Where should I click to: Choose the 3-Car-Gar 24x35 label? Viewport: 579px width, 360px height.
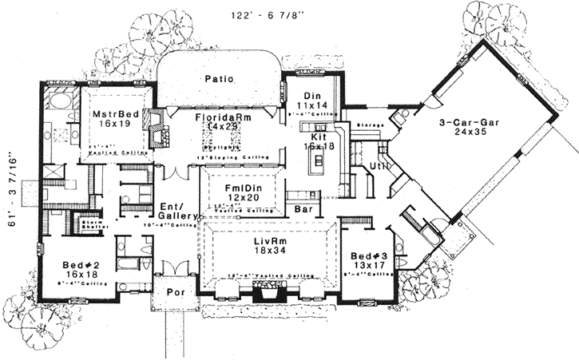click(x=469, y=129)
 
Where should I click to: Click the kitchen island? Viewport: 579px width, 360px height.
click(x=318, y=163)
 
